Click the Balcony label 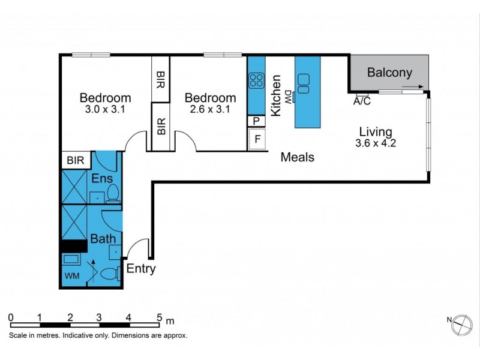coord(390,73)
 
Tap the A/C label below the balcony coord(362,101)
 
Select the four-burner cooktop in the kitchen coord(257,80)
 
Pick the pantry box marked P coord(256,121)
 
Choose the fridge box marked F coord(257,140)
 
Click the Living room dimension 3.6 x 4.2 coord(375,143)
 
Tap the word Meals coord(298,157)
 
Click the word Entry coord(141,269)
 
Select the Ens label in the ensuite coord(102,178)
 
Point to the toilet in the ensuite coord(113,193)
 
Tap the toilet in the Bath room coord(109,275)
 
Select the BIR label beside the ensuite coord(75,161)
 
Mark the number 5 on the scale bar coord(160,317)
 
